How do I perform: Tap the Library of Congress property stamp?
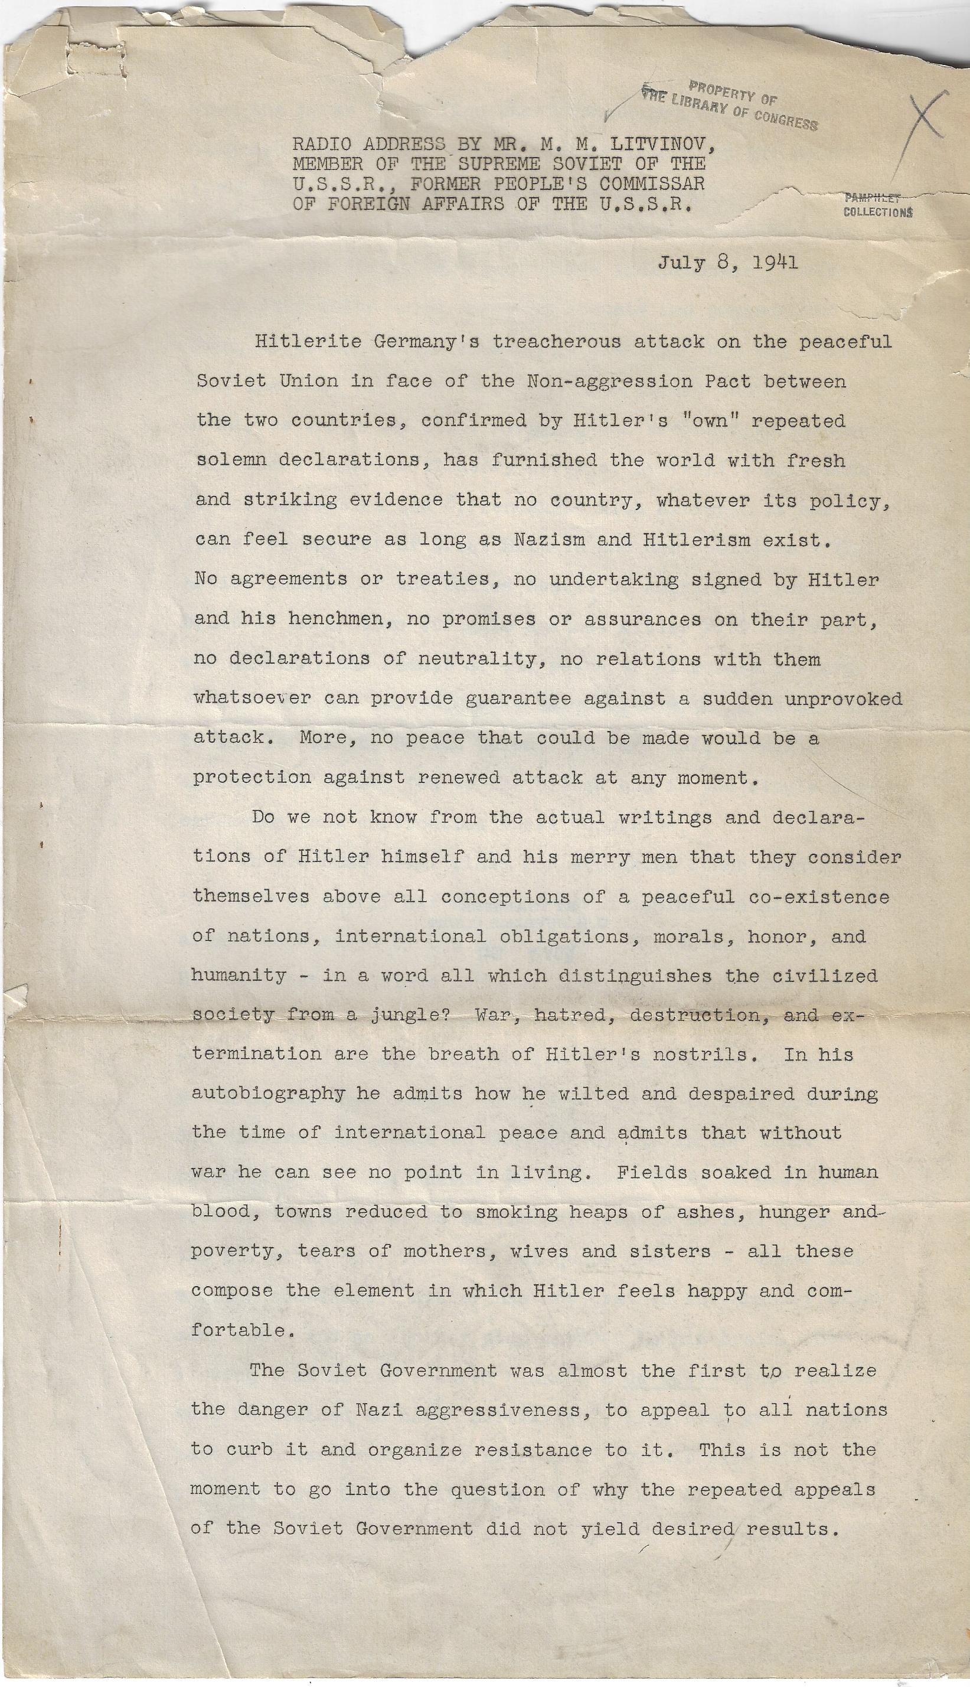[x=730, y=105]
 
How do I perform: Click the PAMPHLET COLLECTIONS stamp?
[x=877, y=205]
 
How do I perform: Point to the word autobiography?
[x=268, y=1094]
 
